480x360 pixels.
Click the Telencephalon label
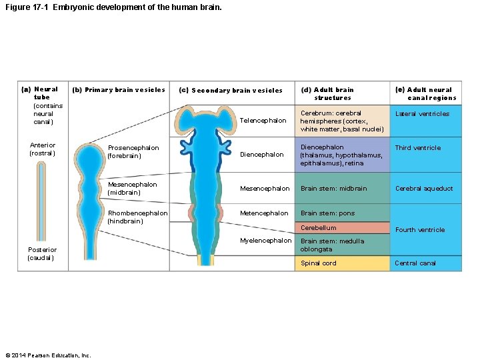263,121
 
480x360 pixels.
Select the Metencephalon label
264,213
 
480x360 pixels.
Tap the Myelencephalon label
266,241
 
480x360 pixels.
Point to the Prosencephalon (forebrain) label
133,152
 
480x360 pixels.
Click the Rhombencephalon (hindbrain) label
138,217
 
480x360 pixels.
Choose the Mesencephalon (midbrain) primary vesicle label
133,189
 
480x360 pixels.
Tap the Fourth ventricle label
420,230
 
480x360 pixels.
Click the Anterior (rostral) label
43,149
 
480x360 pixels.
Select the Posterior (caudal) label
41,254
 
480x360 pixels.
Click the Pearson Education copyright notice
47,355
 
